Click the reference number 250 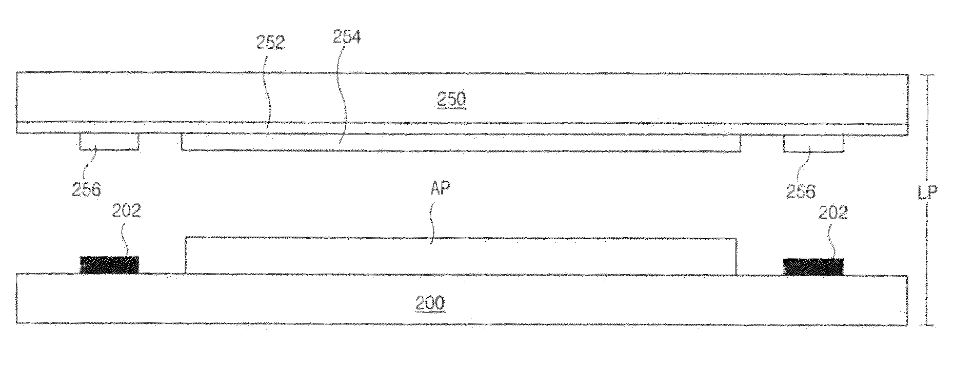pos(451,99)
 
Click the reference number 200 pos(430,303)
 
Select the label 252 pos(270,43)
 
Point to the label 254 pos(347,37)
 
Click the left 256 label pos(87,190)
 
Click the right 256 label pos(801,191)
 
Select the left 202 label pos(126,211)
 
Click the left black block pos(109,265)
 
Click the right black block pos(813,266)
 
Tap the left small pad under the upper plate pos(109,142)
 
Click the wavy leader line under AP pos(433,221)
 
